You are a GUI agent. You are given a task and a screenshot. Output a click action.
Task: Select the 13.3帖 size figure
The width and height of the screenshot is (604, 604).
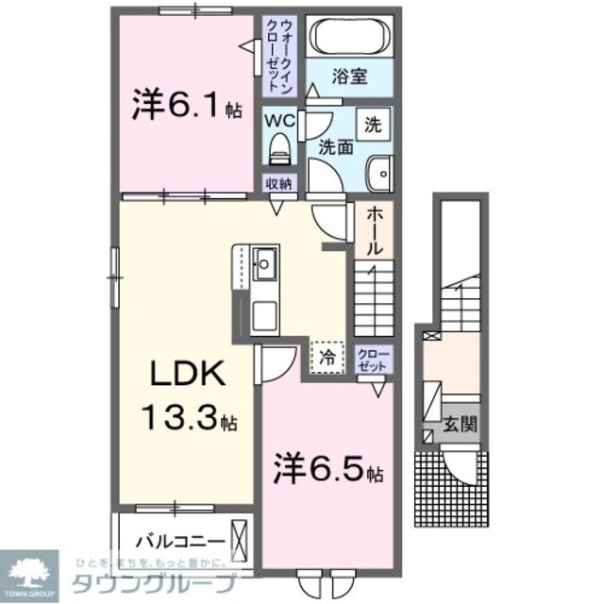click(x=188, y=414)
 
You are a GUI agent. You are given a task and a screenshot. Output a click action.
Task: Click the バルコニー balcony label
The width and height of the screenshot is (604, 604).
click(x=179, y=541)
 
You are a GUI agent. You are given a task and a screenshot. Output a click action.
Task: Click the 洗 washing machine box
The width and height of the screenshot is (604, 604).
click(x=374, y=123)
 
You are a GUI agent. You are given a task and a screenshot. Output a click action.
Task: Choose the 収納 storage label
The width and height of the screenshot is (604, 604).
click(x=278, y=185)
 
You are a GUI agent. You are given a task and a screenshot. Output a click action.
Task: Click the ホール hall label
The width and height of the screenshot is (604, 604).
click(x=374, y=230)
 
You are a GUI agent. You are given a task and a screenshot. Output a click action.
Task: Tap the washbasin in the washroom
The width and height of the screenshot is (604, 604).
click(x=380, y=172)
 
